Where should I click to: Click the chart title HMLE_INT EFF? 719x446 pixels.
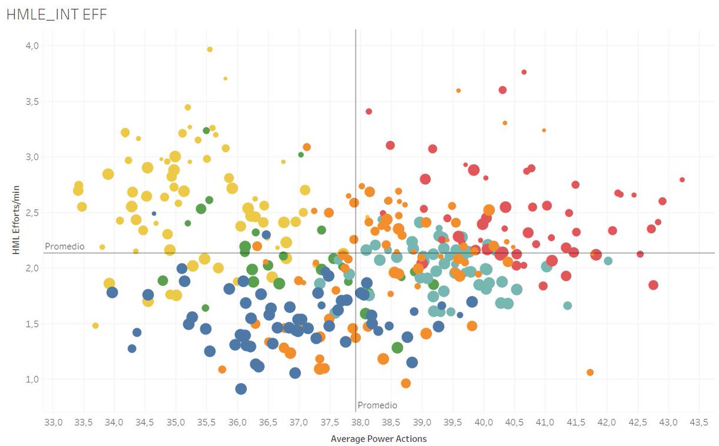(56, 14)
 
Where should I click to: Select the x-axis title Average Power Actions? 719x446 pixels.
(379, 439)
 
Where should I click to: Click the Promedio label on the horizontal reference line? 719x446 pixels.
(65, 246)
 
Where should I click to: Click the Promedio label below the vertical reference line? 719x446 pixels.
(377, 405)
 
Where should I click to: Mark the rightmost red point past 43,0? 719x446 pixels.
(682, 180)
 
